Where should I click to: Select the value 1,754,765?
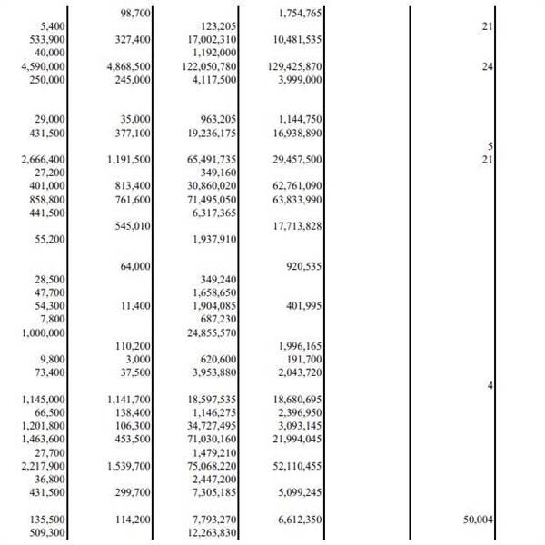(x=300, y=15)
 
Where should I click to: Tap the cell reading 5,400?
(x=51, y=27)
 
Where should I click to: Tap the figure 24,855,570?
(x=210, y=332)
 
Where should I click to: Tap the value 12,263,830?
(x=212, y=532)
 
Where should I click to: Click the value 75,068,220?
(x=210, y=466)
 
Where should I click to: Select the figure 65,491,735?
(x=210, y=160)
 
